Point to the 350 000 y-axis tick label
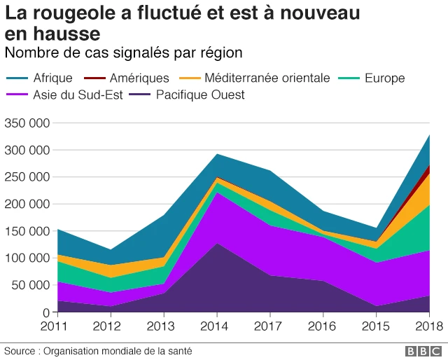coord(26,123)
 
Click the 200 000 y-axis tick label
coord(26,205)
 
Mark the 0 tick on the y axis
coord(45,312)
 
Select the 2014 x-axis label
coord(217,326)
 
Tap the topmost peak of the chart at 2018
coord(428,136)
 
